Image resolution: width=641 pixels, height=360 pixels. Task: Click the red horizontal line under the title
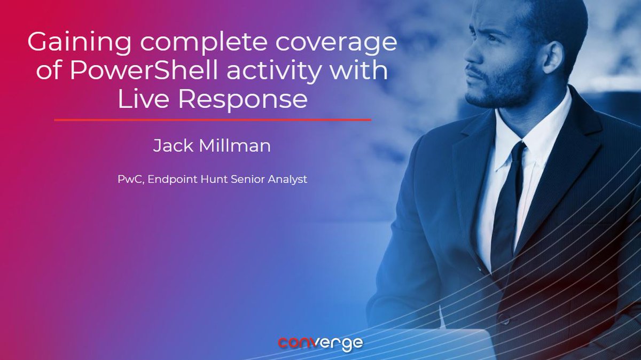coord(212,120)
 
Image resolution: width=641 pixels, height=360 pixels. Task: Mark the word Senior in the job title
coord(251,179)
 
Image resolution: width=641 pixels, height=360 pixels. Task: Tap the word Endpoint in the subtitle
coord(173,179)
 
